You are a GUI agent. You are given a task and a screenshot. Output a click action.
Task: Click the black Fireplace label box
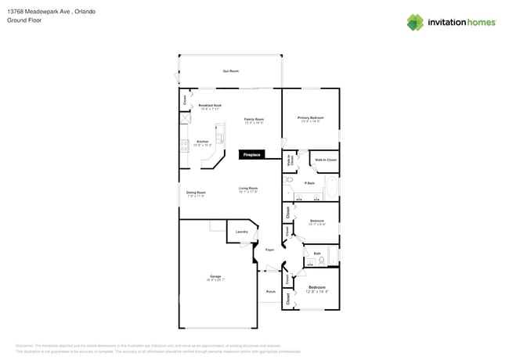click(x=251, y=155)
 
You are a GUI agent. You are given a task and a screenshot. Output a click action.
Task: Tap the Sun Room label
click(x=230, y=71)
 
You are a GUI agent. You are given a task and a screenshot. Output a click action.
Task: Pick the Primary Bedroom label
click(x=311, y=119)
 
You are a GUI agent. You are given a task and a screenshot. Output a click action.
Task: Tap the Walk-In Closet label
click(x=326, y=160)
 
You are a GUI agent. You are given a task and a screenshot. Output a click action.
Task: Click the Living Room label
click(x=248, y=189)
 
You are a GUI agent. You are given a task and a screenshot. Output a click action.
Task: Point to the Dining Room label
click(x=196, y=193)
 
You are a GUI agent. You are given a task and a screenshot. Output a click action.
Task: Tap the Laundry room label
click(x=242, y=232)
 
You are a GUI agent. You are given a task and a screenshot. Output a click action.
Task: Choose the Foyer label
click(x=269, y=250)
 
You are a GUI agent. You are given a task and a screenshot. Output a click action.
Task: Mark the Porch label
click(x=270, y=291)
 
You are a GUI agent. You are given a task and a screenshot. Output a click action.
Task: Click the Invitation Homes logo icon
click(x=415, y=22)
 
